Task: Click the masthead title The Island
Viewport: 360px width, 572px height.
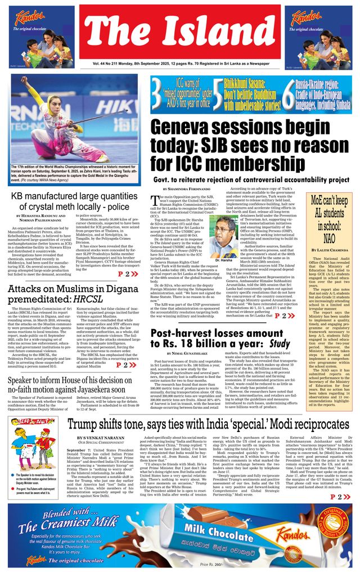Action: pyautogui.click(x=179, y=31)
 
